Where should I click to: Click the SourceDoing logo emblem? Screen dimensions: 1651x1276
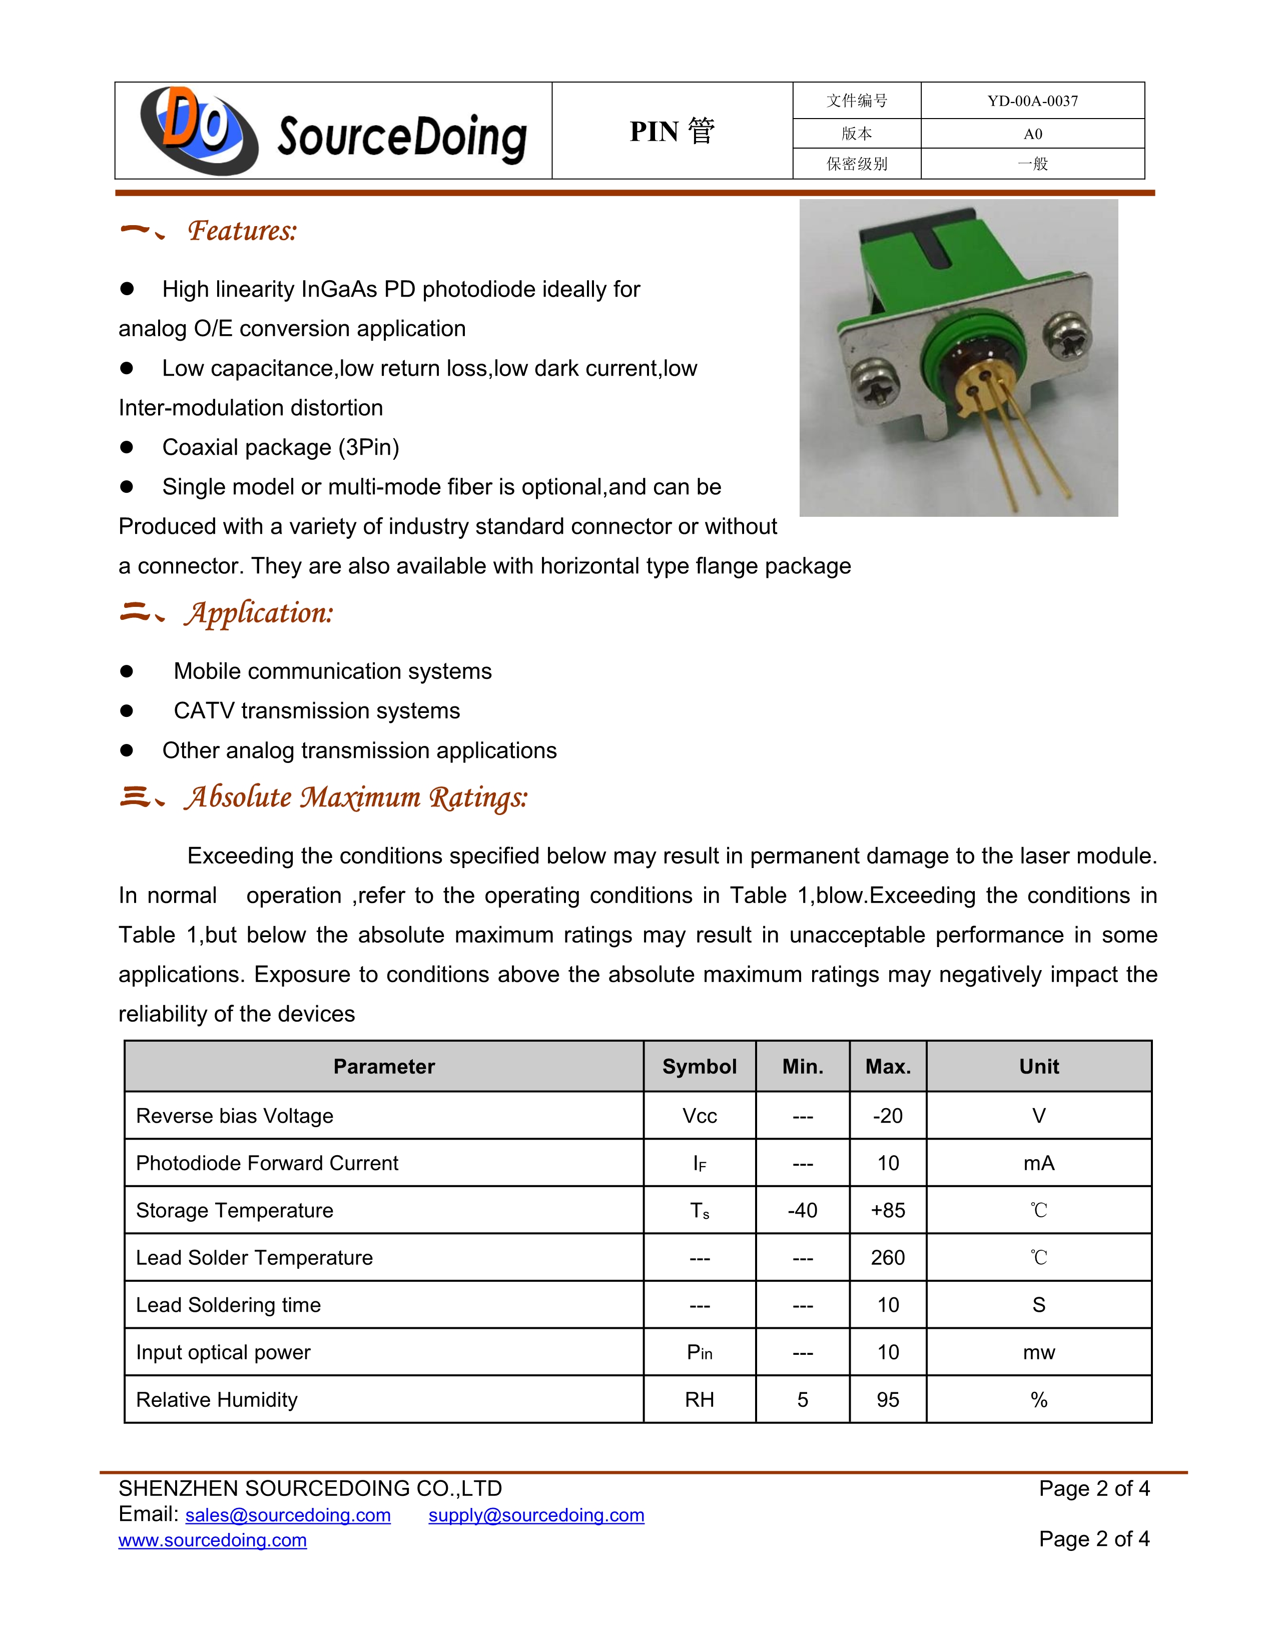click(x=199, y=130)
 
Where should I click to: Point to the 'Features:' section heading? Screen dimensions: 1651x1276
click(x=242, y=231)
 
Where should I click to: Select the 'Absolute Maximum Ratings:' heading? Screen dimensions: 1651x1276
click(x=355, y=797)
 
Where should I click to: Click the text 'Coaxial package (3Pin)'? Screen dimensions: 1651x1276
click(x=280, y=448)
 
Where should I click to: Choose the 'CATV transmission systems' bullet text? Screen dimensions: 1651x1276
click(x=317, y=710)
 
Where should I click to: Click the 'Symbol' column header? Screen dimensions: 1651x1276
click(x=699, y=1067)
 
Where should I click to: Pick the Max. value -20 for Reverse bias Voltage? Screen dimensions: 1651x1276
click(x=888, y=1116)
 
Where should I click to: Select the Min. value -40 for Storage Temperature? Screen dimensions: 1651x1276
click(x=802, y=1210)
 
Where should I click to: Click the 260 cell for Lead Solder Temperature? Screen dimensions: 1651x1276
click(x=888, y=1258)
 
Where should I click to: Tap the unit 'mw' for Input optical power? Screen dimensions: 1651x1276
click(x=1039, y=1352)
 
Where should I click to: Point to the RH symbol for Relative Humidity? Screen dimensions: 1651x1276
click(x=699, y=1400)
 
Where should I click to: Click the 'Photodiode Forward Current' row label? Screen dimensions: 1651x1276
click(x=267, y=1163)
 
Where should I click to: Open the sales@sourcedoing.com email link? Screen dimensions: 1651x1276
click(x=288, y=1516)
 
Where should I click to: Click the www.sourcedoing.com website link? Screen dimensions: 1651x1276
click(x=212, y=1540)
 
